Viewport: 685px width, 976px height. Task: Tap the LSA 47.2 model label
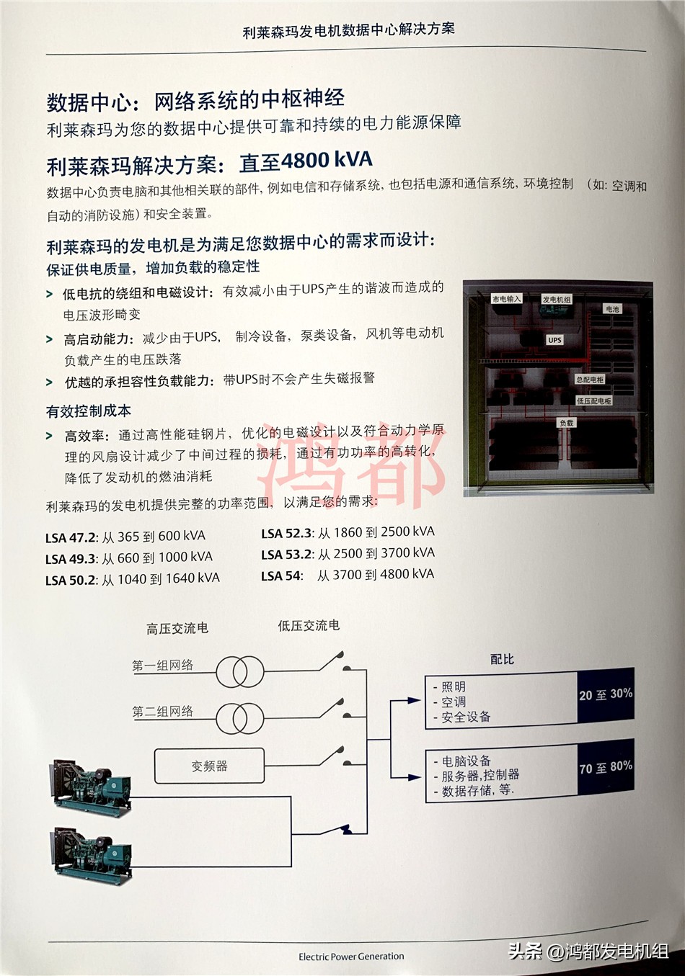pos(70,537)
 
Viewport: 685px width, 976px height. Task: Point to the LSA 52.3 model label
pos(286,534)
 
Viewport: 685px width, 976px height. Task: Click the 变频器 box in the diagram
pos(209,766)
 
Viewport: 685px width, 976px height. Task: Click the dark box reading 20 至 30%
pos(606,695)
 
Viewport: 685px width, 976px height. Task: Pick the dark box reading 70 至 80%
pos(606,768)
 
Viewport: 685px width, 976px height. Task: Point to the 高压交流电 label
pos(177,629)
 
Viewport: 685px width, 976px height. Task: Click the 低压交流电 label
pos(309,626)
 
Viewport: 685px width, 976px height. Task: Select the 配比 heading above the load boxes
pos(502,659)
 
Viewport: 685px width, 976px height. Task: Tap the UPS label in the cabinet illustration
pos(554,340)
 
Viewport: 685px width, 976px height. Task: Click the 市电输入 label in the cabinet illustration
pos(506,299)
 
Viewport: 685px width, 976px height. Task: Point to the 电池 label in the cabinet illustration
pos(612,309)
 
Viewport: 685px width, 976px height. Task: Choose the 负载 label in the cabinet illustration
pos(567,423)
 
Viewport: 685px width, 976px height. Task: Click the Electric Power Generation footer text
pos(351,957)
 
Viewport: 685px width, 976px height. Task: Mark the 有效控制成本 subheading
pos(89,411)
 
